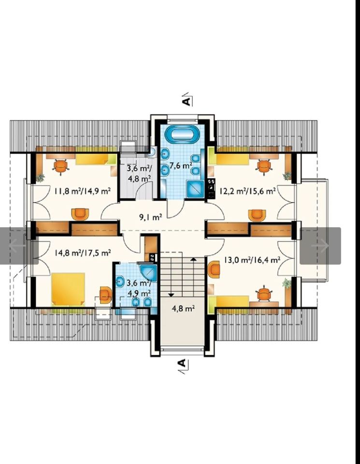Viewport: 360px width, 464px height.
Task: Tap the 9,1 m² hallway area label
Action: tap(151, 217)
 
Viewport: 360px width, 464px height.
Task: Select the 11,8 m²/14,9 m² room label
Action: tap(83, 191)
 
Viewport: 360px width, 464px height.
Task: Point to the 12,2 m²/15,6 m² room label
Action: tap(247, 190)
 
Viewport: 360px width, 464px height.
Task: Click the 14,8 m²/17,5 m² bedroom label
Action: tap(83, 253)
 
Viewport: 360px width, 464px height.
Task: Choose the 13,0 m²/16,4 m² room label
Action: tap(252, 260)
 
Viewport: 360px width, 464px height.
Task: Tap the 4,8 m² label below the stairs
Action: tap(183, 309)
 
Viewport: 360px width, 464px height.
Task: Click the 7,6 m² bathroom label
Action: tap(181, 165)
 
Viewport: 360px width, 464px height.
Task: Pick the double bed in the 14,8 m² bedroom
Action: tap(68, 289)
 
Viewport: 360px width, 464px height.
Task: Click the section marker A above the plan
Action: tap(187, 100)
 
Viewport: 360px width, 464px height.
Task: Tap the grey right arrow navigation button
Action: tap(320, 246)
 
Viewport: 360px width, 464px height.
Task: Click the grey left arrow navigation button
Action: tap(18, 246)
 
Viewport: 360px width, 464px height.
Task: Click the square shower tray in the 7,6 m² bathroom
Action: tap(196, 189)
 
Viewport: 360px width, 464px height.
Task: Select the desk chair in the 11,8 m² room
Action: tap(61, 167)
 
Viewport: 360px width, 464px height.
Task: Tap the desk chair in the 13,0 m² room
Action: tap(264, 294)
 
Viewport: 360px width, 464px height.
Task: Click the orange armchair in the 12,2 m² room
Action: tap(257, 215)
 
